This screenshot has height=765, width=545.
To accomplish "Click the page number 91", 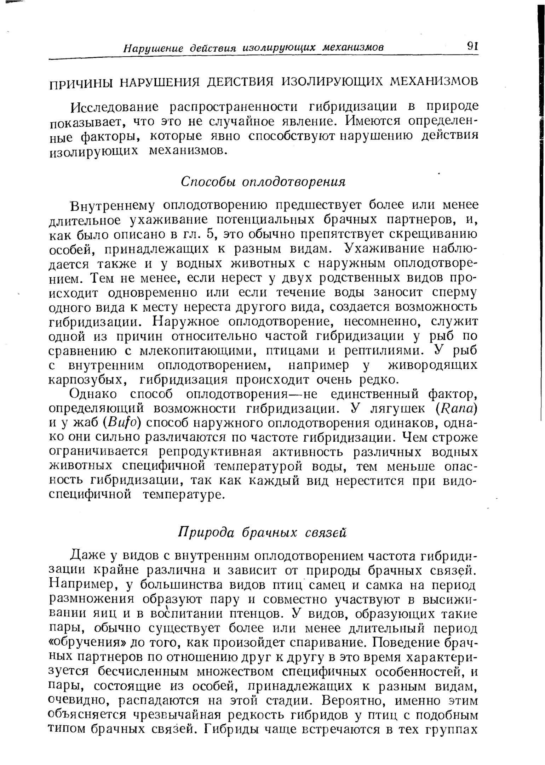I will pyautogui.click(x=472, y=46).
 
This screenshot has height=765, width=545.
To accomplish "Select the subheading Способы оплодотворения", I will pyautogui.click(x=263, y=182).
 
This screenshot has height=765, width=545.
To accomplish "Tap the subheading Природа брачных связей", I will pyautogui.click(x=262, y=532).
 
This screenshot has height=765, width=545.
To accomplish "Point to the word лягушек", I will pyautogui.click(x=397, y=408).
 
